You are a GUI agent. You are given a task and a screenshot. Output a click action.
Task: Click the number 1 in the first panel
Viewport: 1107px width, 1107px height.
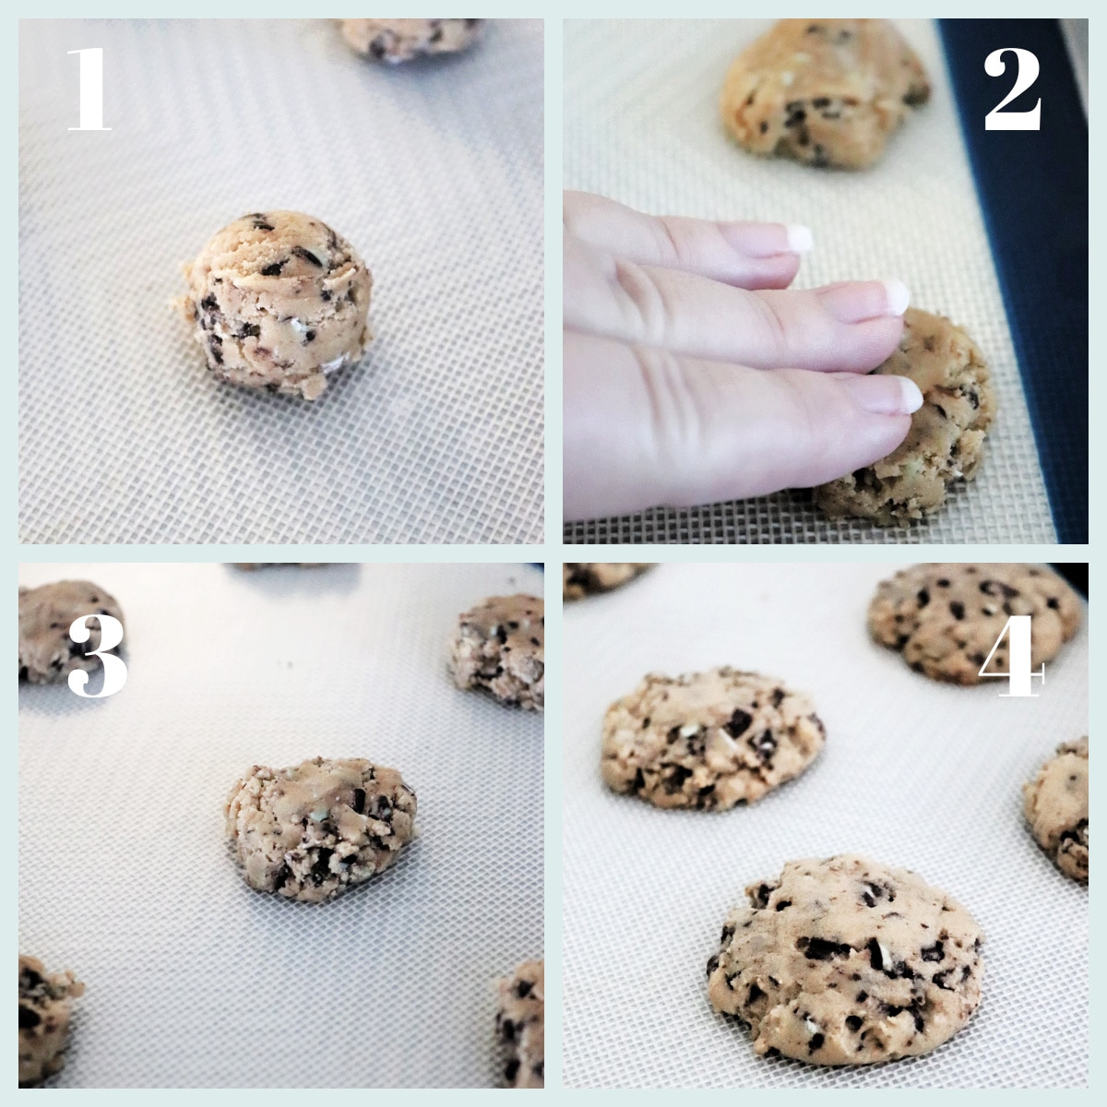coord(89,89)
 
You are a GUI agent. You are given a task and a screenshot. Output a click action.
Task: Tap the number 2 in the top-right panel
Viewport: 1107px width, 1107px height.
coord(1012,90)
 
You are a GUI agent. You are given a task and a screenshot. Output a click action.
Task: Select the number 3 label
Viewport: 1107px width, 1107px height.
coord(97,656)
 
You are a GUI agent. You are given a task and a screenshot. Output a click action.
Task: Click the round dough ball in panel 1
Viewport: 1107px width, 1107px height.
coord(275,305)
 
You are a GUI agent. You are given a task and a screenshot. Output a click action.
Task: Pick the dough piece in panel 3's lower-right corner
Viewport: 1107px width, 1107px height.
coord(521,1024)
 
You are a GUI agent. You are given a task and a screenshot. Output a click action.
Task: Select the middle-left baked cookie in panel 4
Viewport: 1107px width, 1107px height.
coord(710,738)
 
